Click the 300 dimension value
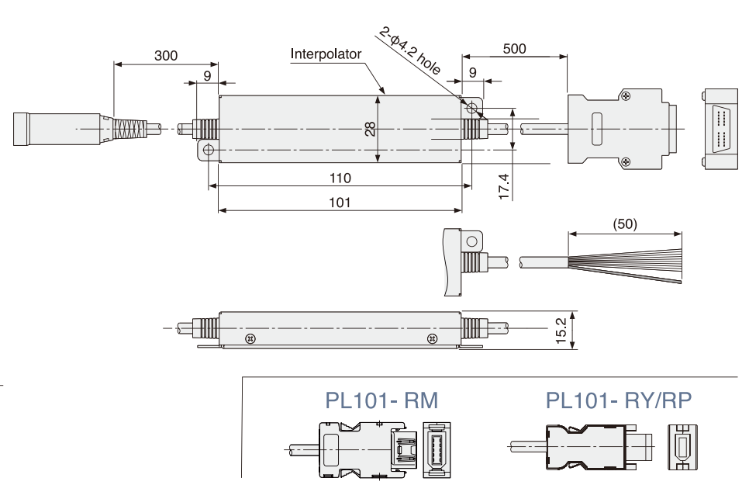165,56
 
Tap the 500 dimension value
514,49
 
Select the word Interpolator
326,54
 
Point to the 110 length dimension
340,178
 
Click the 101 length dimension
340,203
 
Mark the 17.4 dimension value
504,187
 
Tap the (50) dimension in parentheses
624,224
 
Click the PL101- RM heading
381,400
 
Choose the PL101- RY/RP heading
619,400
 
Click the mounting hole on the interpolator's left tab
207,150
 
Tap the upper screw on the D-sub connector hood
625,95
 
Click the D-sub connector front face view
720,129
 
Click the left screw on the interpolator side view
250,339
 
